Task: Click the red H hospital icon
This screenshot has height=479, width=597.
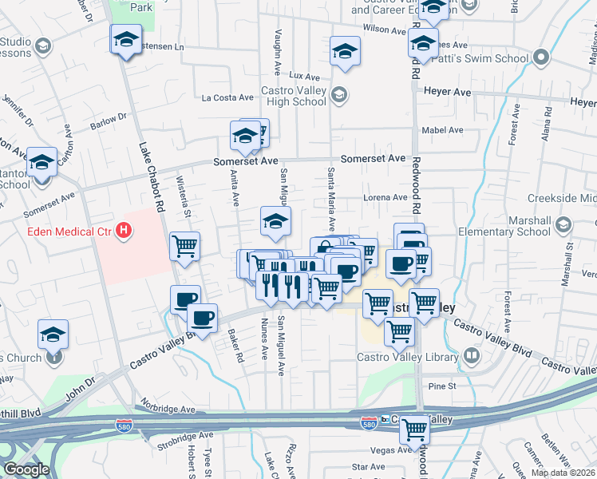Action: click(124, 232)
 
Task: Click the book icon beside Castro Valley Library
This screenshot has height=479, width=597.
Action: click(472, 354)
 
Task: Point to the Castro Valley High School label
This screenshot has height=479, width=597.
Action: click(294, 97)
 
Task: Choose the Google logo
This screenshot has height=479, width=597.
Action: click(26, 469)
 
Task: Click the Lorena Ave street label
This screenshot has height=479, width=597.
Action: click(386, 198)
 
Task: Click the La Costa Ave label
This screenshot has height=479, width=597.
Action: click(227, 98)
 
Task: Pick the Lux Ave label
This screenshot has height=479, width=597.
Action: click(304, 75)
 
